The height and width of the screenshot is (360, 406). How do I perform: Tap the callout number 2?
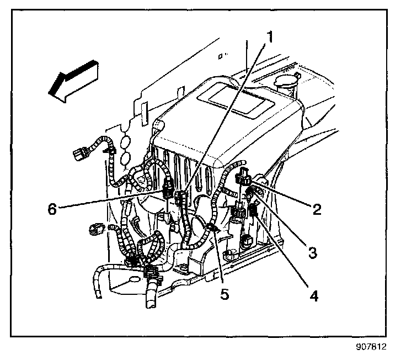tap(316, 209)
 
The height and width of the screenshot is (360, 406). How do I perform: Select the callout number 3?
tap(312, 253)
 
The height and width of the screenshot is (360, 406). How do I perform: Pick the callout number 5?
tap(224, 294)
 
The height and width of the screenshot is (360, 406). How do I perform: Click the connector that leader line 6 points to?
tap(167, 192)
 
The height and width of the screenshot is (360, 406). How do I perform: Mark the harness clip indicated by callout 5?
tap(212, 226)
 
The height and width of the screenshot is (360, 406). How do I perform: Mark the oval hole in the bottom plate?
tap(133, 280)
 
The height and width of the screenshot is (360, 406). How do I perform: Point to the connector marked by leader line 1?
tap(180, 197)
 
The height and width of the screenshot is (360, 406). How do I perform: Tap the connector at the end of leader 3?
tap(250, 192)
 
